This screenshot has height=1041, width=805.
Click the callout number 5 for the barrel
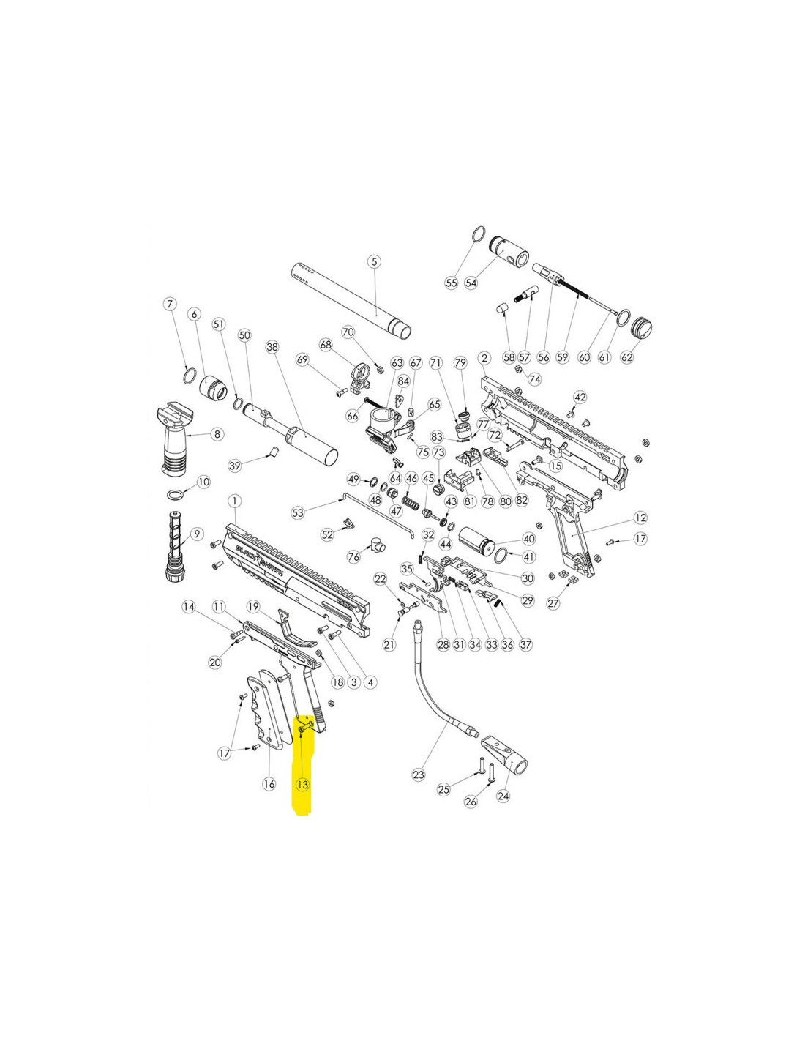(373, 261)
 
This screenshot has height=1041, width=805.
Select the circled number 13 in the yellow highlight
(302, 783)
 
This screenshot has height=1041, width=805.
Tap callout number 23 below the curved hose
(419, 775)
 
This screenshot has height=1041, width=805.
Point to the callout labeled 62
(626, 357)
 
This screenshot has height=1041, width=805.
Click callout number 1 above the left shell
(234, 501)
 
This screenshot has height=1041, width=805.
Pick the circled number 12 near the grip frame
(640, 518)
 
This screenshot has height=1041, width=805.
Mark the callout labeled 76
(354, 557)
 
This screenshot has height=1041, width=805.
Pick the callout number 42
(580, 397)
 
